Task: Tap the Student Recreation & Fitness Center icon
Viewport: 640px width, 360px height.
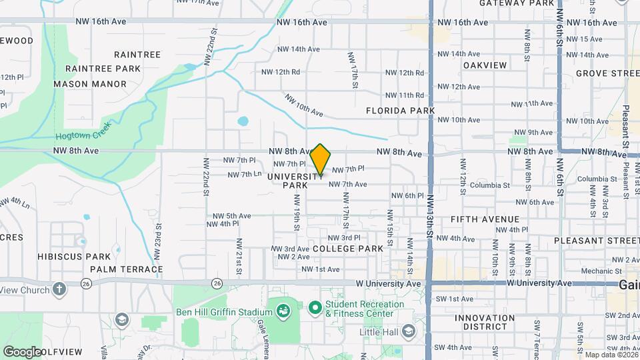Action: [x=315, y=309]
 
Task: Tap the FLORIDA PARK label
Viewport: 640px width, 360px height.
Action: [x=400, y=111]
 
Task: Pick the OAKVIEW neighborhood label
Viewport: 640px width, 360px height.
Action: [x=485, y=65]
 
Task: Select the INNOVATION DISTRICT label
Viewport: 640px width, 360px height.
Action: [x=485, y=322]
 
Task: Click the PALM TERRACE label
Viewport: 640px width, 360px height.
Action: [x=126, y=269]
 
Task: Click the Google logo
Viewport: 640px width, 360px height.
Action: [x=21, y=351]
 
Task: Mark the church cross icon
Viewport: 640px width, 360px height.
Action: [x=59, y=289]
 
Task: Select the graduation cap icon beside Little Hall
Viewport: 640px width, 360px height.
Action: [x=409, y=331]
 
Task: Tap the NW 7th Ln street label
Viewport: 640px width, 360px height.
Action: [x=244, y=175]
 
